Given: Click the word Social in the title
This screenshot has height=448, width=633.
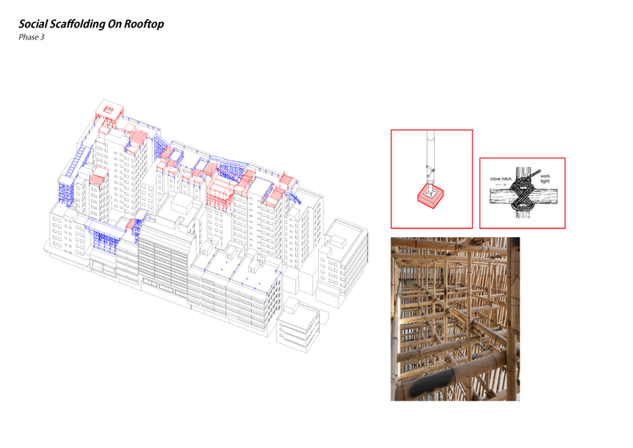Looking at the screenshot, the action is (x=33, y=24).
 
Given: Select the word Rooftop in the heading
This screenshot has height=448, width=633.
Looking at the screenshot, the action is (x=144, y=24).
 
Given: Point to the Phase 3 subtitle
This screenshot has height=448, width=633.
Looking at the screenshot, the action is (x=31, y=37).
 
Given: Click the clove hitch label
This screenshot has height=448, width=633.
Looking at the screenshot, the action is (x=501, y=179).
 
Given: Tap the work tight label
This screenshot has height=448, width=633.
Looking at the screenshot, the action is (x=545, y=179).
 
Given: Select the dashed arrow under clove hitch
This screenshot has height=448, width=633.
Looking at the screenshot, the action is (x=501, y=184).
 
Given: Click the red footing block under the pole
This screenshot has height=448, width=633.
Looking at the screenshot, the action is (x=431, y=196).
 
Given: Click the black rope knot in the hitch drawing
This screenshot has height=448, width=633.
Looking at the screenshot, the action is (x=524, y=194).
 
